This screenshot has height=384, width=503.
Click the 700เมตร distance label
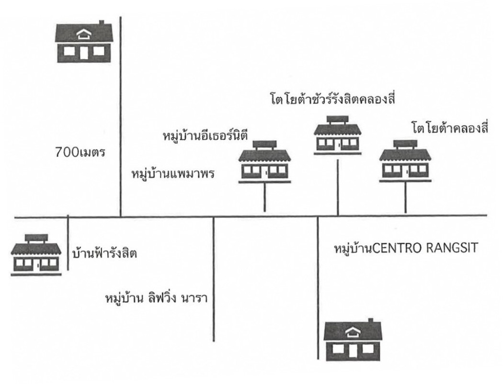80,154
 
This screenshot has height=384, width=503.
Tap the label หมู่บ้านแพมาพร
172,173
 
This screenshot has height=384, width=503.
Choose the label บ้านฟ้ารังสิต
104,252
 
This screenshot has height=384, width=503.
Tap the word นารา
200,298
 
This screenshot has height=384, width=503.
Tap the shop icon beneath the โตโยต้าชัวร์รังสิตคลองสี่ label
338,134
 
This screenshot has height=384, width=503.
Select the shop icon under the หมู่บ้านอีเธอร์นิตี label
265,161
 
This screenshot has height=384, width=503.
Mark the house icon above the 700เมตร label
84,42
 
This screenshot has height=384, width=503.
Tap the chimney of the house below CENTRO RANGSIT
370,320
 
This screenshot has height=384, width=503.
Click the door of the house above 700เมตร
84,52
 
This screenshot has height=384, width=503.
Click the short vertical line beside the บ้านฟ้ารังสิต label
69,242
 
